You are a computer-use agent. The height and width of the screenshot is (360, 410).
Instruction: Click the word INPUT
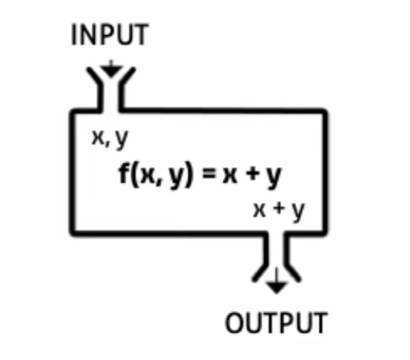point(110,35)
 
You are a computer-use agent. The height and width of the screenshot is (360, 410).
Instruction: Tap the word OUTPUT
point(277,323)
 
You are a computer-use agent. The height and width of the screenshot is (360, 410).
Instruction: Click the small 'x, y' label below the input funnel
point(110,139)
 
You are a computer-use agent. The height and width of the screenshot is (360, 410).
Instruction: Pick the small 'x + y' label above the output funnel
point(279,211)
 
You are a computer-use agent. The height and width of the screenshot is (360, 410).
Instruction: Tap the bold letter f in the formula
point(124,174)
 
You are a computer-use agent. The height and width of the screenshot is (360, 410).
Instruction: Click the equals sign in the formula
point(210,174)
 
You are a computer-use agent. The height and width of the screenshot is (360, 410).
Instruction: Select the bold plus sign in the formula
point(252,174)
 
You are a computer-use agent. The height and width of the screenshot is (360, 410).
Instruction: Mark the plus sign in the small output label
point(279,210)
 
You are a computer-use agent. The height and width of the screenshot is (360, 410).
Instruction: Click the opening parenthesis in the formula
point(133,175)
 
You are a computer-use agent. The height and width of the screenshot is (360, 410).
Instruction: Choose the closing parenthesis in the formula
point(189,175)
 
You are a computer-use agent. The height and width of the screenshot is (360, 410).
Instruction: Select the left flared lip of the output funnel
point(260,272)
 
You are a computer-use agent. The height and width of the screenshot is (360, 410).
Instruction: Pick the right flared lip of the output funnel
point(293,272)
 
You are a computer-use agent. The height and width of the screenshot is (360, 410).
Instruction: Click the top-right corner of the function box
point(325,111)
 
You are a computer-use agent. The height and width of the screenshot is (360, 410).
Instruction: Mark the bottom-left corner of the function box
point(72,234)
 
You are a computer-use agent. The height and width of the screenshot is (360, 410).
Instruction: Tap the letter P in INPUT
point(111,35)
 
